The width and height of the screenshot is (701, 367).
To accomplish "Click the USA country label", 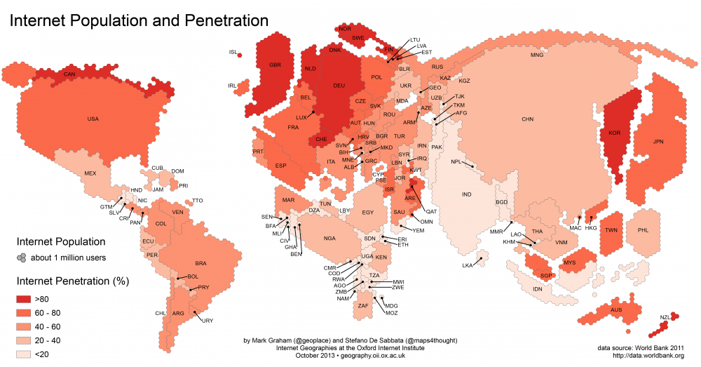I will point(93,119).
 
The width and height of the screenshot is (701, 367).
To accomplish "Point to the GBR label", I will point(274,65).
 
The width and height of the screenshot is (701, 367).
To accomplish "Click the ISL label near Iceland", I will point(233,52).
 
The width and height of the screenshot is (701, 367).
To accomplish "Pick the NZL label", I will point(665,317).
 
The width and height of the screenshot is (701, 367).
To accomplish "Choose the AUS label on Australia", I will point(616,309).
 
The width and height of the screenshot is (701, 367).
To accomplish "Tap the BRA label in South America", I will point(201,263).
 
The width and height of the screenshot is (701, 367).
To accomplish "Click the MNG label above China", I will point(537,54).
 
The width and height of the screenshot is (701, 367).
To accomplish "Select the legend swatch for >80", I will point(27,298).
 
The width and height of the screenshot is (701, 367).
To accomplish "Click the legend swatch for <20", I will point(27,354).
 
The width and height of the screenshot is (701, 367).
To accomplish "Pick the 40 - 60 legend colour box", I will point(27,326).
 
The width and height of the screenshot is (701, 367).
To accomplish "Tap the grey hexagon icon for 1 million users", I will point(22,258).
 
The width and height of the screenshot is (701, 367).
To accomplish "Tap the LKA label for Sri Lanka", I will point(468,265).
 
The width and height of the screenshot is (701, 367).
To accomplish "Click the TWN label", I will point(611,230).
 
